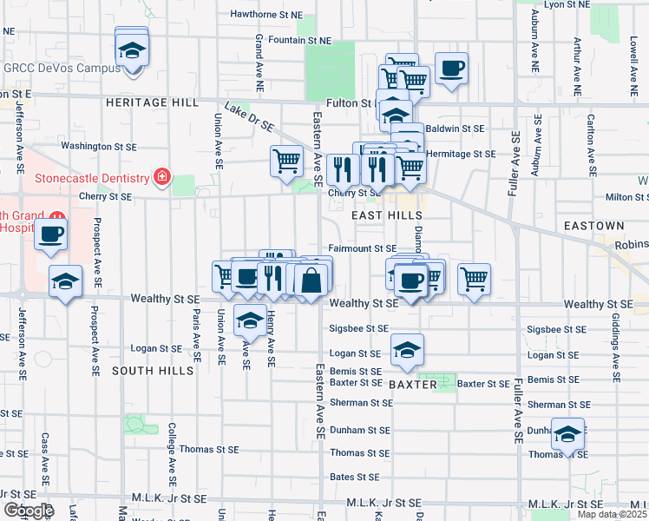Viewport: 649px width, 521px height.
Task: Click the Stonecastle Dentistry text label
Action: tap(92, 179)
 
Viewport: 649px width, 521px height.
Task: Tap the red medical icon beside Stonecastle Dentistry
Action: tap(161, 178)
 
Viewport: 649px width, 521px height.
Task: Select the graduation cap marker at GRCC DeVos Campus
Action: tap(131, 50)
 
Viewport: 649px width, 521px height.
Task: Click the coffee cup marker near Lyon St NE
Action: tap(451, 67)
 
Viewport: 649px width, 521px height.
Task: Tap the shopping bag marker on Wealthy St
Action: tap(311, 280)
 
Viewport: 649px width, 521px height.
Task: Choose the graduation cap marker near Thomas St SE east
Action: tap(567, 433)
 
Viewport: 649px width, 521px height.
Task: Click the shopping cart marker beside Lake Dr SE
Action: tap(287, 161)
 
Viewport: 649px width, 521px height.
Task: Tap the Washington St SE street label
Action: tap(99, 147)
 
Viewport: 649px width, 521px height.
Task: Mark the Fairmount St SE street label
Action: tap(363, 249)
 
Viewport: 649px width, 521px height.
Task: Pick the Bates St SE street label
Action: tap(354, 477)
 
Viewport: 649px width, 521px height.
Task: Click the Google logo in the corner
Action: tap(28, 511)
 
